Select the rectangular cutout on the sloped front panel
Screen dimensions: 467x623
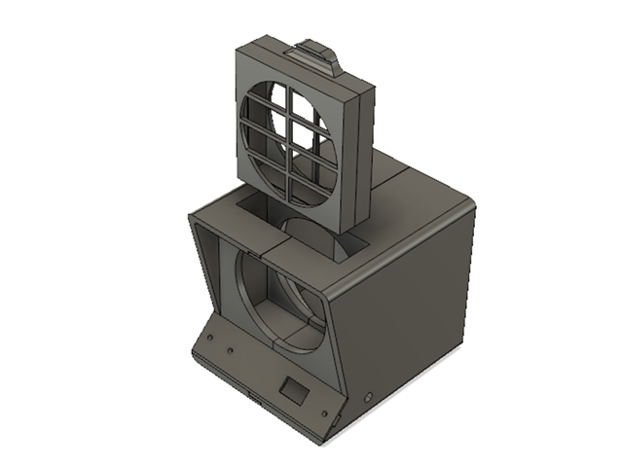pyautogui.click(x=292, y=389)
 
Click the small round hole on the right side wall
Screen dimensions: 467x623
pyautogui.click(x=369, y=396)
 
